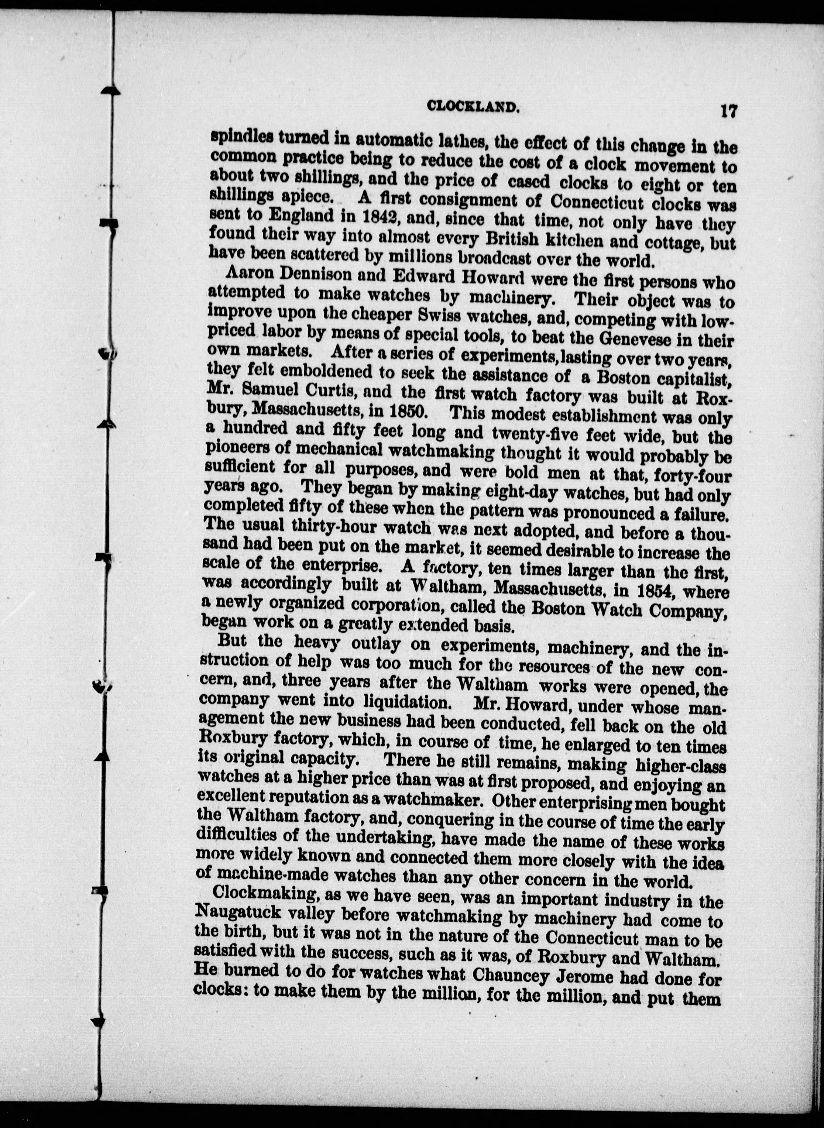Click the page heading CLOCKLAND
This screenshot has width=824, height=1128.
tap(470, 106)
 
